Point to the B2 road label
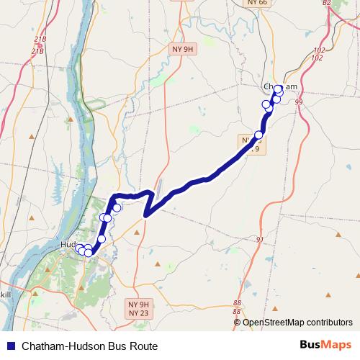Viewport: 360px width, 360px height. pyautogui.click(x=326, y=4)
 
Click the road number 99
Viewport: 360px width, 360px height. pyautogui.click(x=299, y=103)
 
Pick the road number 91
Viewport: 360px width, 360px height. pyautogui.click(x=261, y=240)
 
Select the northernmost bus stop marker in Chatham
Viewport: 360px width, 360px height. pyautogui.click(x=279, y=89)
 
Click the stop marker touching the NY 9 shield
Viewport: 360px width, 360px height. pyautogui.click(x=258, y=134)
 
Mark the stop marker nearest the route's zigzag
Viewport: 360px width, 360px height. pyautogui.click(x=117, y=207)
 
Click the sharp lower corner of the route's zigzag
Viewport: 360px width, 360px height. pyautogui.click(x=146, y=215)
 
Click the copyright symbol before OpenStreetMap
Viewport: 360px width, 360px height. pyautogui.click(x=237, y=323)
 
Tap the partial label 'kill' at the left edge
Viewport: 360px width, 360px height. pyautogui.click(x=5, y=294)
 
